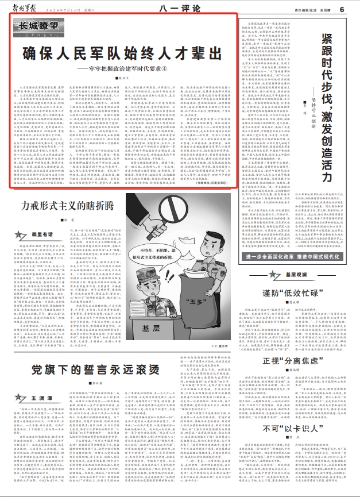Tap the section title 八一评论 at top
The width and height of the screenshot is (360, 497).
point(179,9)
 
